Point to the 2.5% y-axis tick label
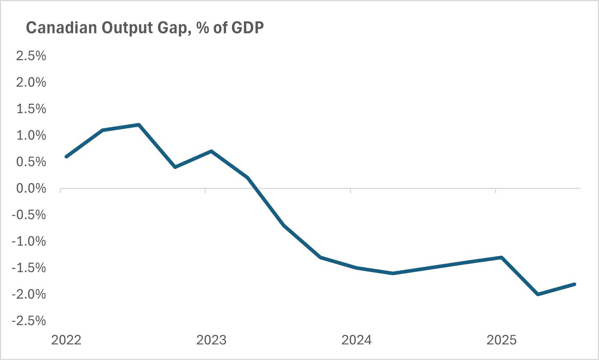click(31, 56)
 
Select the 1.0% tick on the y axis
click(31, 136)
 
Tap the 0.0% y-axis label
click(31, 189)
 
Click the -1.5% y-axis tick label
click(29, 268)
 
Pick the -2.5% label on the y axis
click(29, 321)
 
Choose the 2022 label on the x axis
click(66, 340)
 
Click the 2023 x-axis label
click(211, 340)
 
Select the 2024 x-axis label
click(357, 340)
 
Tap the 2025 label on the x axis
click(502, 340)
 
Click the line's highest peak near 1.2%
click(139, 125)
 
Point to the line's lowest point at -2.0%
click(538, 294)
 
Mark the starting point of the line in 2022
click(66, 157)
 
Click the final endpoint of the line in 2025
click(574, 284)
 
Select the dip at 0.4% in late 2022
click(175, 167)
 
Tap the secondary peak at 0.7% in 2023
click(211, 151)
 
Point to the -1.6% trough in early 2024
click(393, 273)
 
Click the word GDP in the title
click(247, 28)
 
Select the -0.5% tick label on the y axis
click(29, 215)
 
